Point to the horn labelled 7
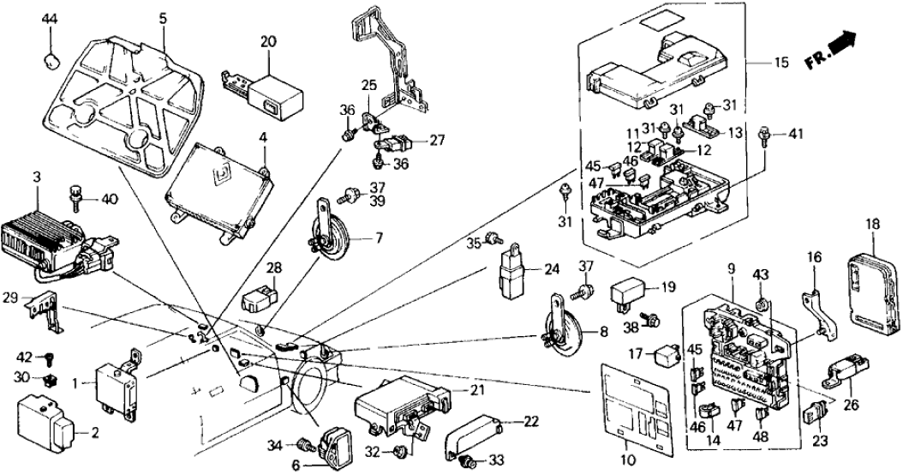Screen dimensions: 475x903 pyautogui.click(x=326, y=233)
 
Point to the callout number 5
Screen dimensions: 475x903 pyautogui.click(x=163, y=17)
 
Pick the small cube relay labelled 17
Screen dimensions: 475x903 pyautogui.click(x=666, y=352)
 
